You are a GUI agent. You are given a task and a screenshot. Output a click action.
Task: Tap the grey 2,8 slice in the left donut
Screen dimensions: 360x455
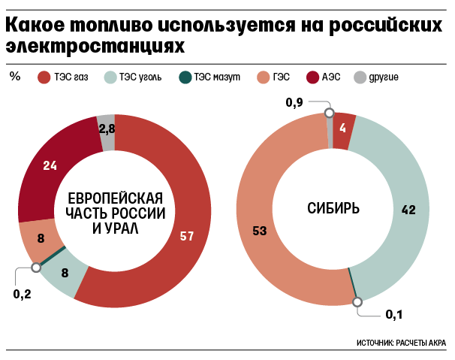(x=107, y=129)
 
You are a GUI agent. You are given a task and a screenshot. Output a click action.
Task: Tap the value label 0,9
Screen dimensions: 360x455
(x=295, y=103)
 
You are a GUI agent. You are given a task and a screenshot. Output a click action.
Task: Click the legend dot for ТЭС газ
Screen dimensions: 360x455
(x=44, y=76)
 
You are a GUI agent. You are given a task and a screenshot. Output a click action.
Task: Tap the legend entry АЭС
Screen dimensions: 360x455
(x=330, y=76)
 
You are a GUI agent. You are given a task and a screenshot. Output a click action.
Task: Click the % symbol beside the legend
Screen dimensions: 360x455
(x=15, y=75)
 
